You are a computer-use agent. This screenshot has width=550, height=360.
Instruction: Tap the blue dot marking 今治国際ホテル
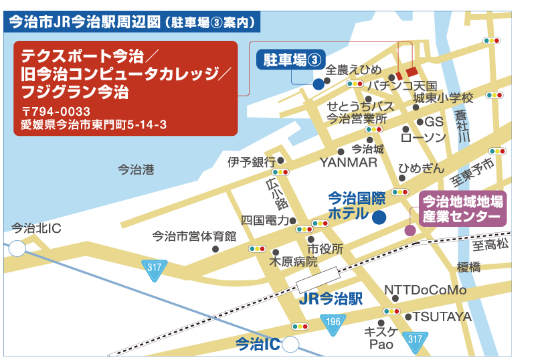379,217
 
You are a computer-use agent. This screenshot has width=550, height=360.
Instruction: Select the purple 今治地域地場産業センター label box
462,209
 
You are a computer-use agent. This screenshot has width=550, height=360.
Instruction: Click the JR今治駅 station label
331,298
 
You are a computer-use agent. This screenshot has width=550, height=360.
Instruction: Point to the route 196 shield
333,322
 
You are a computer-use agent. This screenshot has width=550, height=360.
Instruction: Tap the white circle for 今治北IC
17,249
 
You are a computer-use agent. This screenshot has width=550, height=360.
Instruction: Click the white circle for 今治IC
290,345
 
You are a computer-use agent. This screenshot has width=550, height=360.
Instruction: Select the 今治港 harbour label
136,170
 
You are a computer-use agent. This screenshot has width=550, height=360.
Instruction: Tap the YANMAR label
349,163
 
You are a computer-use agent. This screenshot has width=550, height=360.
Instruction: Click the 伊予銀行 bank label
252,161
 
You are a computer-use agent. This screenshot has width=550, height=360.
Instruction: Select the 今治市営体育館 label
195,236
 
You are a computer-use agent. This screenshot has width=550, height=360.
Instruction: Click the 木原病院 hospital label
294,261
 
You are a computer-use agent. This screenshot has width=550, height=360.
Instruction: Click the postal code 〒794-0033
56,110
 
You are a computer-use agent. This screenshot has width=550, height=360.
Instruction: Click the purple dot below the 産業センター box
409,230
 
